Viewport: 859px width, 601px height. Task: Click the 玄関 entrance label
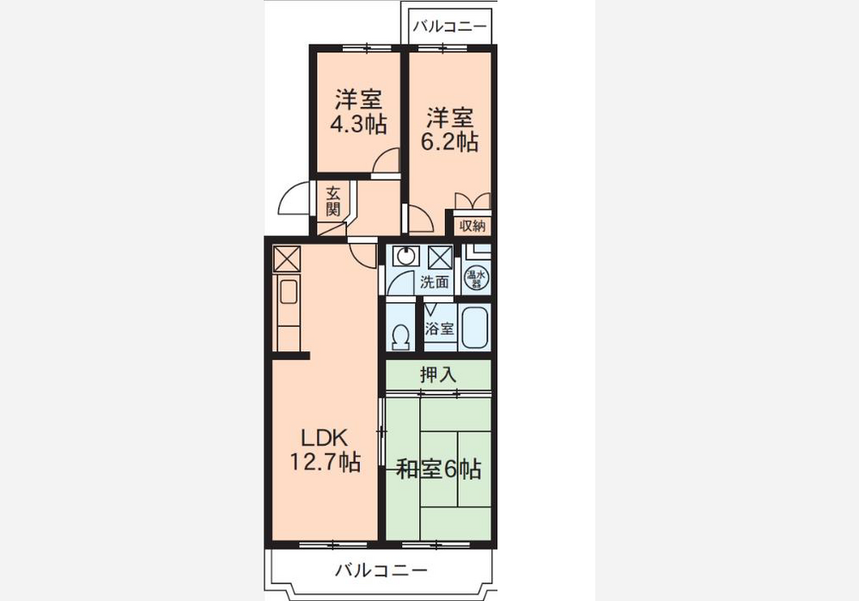333,202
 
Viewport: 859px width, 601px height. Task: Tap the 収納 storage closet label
472,226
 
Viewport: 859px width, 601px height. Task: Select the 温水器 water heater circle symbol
475,278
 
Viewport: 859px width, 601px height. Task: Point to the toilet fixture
401,337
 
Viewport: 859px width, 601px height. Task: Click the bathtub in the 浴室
474,328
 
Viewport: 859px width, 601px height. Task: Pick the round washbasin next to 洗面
405,257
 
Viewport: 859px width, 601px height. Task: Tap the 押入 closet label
438,375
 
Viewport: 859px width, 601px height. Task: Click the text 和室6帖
438,469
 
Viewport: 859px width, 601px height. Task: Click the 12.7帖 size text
325,462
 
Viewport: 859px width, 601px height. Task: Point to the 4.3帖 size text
358,124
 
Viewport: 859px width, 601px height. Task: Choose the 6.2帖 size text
449,142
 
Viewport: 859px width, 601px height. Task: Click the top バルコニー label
449,26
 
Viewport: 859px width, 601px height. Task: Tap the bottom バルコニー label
381,571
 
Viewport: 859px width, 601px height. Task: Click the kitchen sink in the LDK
288,292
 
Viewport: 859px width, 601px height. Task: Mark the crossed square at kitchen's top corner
287,259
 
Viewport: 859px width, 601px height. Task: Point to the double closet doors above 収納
472,200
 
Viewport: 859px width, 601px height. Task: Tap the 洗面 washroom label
435,282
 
